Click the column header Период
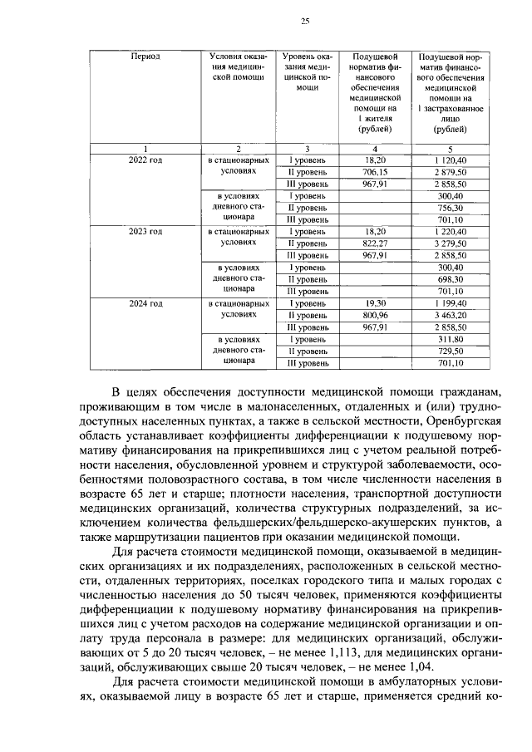point(145,57)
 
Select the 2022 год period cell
point(145,159)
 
